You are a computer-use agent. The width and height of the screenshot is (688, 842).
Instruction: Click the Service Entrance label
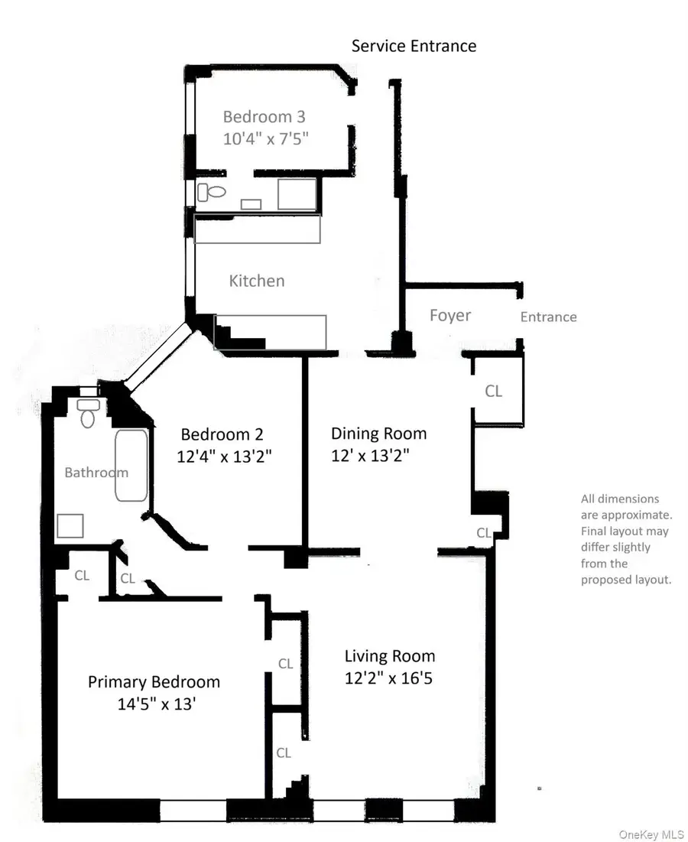click(x=414, y=46)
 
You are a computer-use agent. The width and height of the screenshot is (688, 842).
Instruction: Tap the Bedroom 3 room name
click(x=264, y=117)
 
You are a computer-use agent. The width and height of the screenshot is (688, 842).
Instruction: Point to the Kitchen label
click(x=257, y=281)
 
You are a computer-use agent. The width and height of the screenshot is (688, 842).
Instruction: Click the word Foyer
click(x=450, y=315)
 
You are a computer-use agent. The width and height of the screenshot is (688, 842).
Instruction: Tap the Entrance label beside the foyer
click(x=548, y=317)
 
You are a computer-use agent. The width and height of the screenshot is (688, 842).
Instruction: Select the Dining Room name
click(x=378, y=434)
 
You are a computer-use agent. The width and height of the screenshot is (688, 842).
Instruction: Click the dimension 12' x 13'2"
click(x=371, y=456)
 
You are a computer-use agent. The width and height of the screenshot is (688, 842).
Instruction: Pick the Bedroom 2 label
click(x=222, y=434)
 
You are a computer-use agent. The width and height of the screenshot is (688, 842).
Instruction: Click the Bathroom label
click(x=96, y=473)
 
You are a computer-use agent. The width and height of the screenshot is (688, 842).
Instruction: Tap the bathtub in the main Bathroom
click(x=131, y=465)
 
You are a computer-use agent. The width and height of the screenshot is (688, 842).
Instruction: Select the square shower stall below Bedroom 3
click(x=297, y=193)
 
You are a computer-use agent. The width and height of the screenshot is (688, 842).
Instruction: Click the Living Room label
click(x=389, y=656)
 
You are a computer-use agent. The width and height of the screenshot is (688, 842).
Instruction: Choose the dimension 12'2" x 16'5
click(x=389, y=678)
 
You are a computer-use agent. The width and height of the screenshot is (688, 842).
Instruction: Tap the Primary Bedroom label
click(x=154, y=682)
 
